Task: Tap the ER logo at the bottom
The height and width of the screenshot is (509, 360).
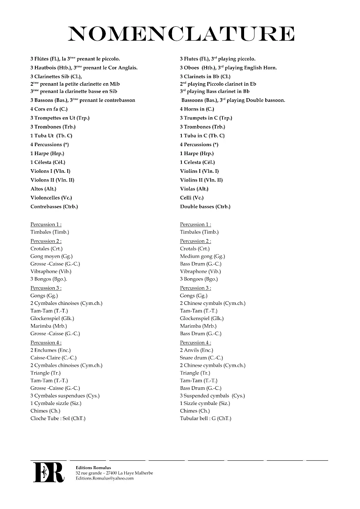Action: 49,472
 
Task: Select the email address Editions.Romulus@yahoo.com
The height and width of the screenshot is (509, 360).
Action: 104,478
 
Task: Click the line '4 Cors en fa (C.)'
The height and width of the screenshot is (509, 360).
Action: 49,109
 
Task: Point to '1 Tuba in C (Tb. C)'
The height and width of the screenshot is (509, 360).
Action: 202,136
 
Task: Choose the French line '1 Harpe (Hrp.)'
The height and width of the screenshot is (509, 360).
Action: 47,153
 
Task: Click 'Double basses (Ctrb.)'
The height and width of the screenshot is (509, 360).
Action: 205,207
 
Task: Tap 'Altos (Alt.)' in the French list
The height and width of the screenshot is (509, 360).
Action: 43,189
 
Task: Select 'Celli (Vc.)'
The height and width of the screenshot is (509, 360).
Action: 192,198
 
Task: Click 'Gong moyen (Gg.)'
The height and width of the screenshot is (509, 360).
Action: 51,256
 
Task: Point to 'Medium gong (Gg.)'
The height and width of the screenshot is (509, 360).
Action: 202,256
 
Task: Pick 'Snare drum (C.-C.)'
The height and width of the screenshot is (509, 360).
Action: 201,358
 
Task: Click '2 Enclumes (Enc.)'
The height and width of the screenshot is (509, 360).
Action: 50,350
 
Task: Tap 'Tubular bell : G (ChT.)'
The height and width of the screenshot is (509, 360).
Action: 206,418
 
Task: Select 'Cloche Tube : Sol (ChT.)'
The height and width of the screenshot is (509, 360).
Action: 58,418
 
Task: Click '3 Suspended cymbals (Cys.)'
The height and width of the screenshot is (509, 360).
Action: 212,396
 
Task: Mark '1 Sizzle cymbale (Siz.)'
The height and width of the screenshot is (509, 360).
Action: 205,403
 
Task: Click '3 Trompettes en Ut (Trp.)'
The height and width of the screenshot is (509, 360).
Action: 60,118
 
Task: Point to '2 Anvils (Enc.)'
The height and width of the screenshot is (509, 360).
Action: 197,350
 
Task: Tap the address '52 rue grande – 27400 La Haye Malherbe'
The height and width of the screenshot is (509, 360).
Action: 114,473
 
